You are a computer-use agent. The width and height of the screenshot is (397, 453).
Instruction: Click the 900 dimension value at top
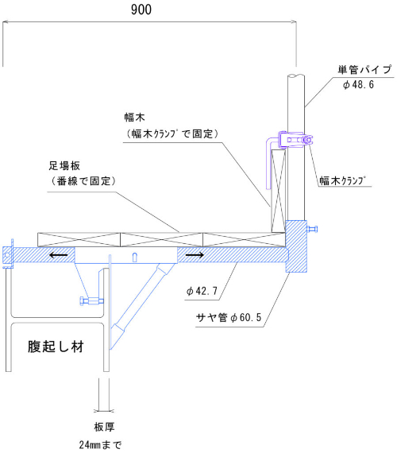click(141, 10)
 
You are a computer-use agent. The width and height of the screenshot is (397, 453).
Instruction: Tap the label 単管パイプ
click(364, 70)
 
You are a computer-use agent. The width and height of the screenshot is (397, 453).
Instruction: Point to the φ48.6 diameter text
click(358, 85)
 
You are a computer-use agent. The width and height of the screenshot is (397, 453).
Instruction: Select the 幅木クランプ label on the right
click(342, 181)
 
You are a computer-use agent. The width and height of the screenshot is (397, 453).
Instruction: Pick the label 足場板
click(64, 166)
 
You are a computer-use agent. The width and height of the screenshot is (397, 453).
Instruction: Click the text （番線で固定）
click(83, 181)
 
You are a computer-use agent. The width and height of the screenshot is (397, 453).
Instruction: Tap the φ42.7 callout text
click(202, 291)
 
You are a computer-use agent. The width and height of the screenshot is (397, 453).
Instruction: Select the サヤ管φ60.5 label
click(229, 318)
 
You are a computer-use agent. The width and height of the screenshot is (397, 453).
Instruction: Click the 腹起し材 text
click(56, 347)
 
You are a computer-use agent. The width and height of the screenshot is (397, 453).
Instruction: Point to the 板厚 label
click(104, 427)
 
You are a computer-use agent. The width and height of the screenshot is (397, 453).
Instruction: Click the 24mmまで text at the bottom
click(100, 444)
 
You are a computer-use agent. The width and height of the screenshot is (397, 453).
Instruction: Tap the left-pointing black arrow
click(58, 255)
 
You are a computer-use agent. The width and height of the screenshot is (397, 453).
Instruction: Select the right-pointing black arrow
click(195, 255)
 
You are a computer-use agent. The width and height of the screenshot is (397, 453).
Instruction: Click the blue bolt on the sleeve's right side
click(312, 230)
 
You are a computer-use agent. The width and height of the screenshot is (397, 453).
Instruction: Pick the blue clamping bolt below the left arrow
click(91, 301)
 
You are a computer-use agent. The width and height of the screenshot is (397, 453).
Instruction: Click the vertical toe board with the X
click(279, 191)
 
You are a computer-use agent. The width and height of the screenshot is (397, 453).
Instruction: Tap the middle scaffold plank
click(161, 240)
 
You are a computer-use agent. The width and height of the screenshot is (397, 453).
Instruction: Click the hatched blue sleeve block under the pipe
click(296, 246)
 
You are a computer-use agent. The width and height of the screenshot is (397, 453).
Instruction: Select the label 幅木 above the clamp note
click(134, 118)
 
